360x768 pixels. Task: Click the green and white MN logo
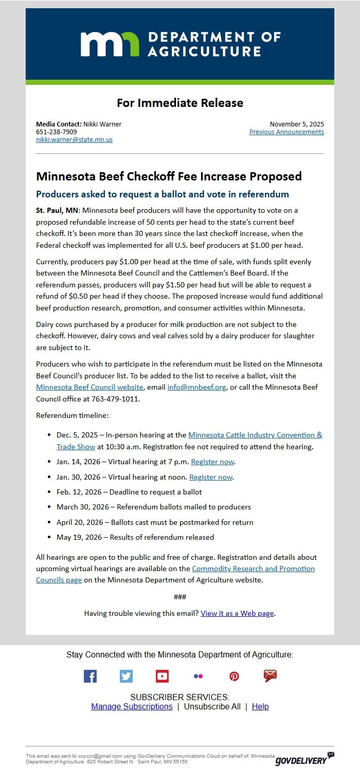[110, 44]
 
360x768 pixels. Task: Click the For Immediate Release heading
[180, 103]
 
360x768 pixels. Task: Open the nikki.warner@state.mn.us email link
[74, 139]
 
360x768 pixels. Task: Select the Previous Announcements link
[286, 132]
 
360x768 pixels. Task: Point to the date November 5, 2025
[297, 124]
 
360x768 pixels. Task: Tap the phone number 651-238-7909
[57, 132]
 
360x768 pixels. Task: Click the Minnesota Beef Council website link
[89, 387]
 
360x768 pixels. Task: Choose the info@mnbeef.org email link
[196, 387]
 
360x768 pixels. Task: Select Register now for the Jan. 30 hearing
[211, 477]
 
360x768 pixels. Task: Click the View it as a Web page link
[237, 613]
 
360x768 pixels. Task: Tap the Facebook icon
[90, 676]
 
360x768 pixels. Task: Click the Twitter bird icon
[126, 676]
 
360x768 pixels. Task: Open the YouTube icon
[162, 676]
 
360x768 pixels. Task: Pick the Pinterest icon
[234, 676]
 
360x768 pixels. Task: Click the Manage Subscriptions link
[132, 706]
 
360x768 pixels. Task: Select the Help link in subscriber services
[260, 706]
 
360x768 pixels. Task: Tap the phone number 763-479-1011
[115, 398]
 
